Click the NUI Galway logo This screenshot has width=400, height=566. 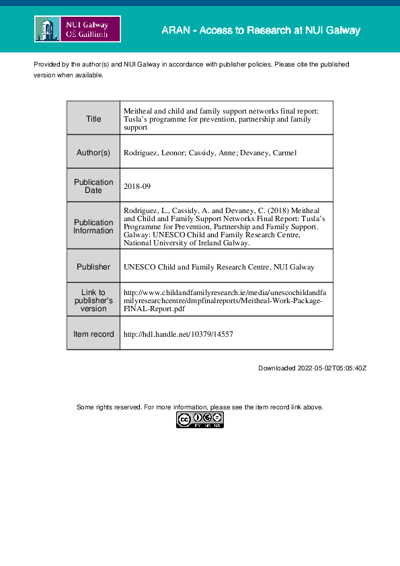click(x=77, y=30)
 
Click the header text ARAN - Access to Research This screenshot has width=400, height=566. click(x=261, y=30)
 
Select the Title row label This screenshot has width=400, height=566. click(x=93, y=119)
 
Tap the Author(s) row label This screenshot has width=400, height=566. click(x=93, y=153)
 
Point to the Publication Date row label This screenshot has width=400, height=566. click(x=93, y=186)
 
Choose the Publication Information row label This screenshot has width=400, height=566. click(x=93, y=227)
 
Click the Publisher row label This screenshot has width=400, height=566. click(x=93, y=267)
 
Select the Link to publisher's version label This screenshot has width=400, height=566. click(x=93, y=300)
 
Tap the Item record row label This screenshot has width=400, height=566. click(x=93, y=334)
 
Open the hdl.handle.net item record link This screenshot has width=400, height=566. click(x=179, y=334)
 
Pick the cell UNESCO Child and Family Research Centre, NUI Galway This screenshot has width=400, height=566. click(x=218, y=267)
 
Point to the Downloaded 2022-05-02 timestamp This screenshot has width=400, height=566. click(x=312, y=368)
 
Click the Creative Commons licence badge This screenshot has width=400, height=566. click(x=200, y=420)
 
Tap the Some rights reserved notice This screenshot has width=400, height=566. click(x=200, y=407)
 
